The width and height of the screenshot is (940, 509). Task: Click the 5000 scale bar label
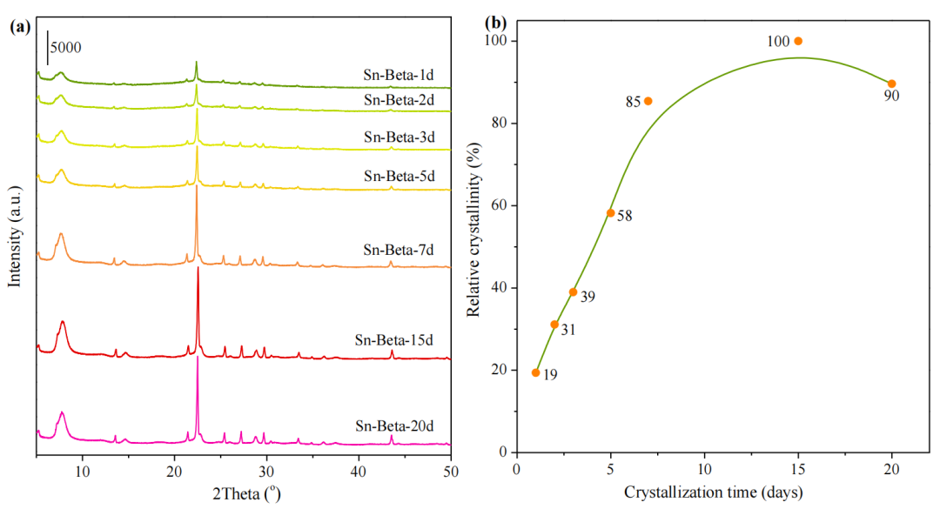(67, 46)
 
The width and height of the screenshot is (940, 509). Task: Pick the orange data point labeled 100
(798, 41)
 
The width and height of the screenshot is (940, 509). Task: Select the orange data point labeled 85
(648, 101)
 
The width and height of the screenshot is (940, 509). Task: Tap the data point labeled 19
(535, 372)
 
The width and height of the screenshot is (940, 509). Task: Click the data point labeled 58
(610, 212)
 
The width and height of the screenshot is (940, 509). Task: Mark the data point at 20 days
(891, 84)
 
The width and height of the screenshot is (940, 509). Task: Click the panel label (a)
(20, 26)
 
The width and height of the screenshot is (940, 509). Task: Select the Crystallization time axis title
(714, 492)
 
